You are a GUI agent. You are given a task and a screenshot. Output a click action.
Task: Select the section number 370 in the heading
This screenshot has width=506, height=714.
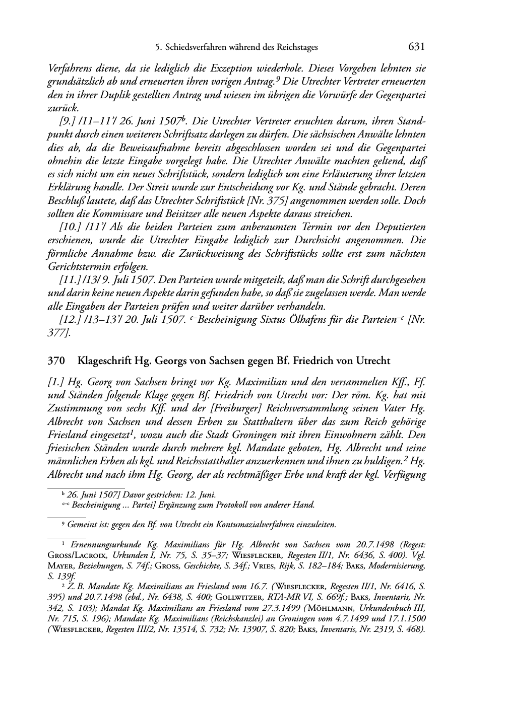click(55, 361)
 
